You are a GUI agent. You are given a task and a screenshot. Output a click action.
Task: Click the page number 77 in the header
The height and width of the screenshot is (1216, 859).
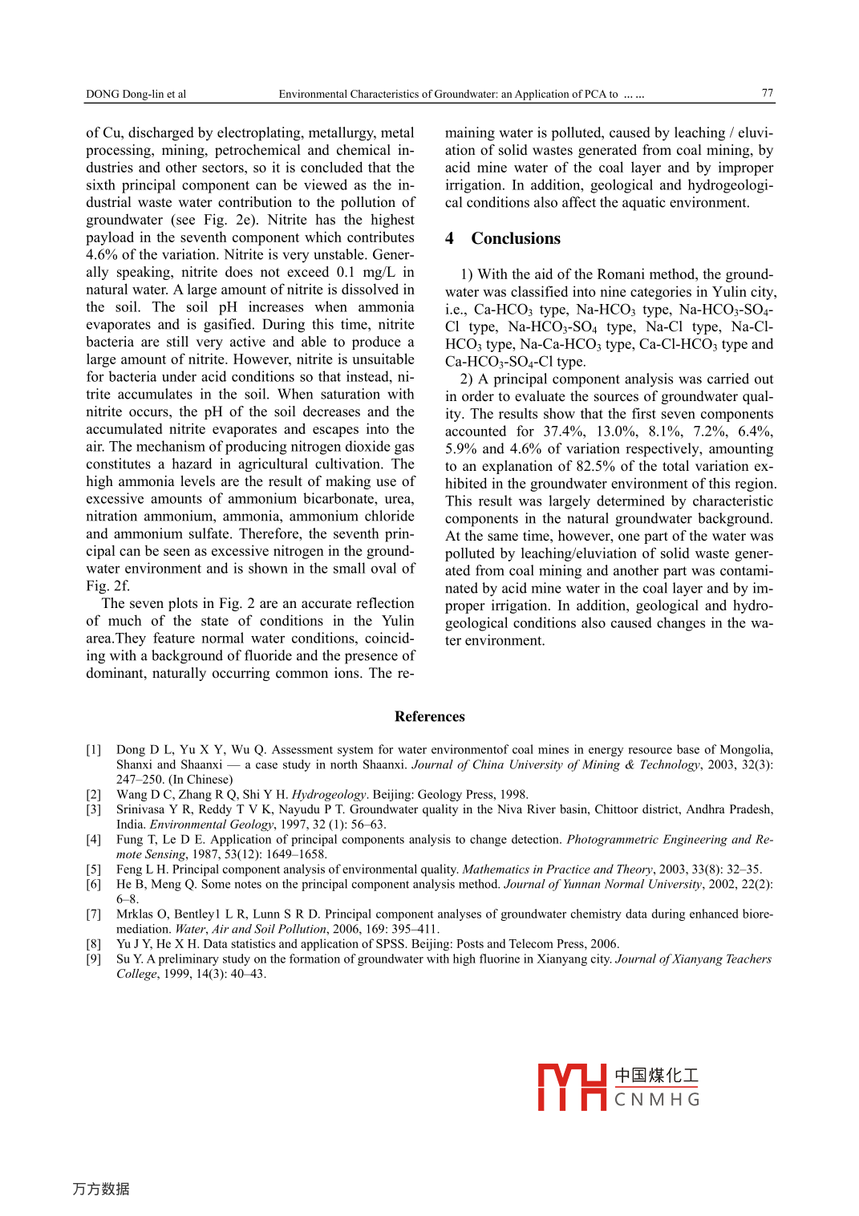[x=768, y=93]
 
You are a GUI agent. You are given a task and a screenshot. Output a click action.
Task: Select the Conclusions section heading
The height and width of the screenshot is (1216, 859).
[x=516, y=238]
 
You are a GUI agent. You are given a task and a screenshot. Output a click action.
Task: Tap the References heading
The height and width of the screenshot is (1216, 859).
[x=429, y=716]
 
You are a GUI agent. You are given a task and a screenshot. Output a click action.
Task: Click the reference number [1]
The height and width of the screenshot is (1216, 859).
[x=94, y=750]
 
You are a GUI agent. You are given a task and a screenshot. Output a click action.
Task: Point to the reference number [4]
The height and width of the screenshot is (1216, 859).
[x=94, y=840]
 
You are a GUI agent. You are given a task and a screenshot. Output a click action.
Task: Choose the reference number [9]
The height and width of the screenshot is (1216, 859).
[x=94, y=959]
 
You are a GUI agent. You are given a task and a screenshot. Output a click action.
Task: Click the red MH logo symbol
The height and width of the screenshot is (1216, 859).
[x=571, y=1087]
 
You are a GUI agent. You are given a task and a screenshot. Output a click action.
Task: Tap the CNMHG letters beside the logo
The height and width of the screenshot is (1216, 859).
[x=657, y=1100]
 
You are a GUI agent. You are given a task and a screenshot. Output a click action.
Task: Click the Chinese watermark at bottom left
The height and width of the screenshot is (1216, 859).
[x=101, y=1189]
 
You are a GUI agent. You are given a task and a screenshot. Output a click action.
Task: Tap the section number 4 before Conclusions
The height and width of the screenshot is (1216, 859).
[x=450, y=238]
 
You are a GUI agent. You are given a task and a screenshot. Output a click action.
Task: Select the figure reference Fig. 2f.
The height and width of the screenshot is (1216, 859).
[x=107, y=586]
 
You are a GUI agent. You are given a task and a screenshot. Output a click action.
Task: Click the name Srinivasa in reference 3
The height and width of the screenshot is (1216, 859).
[x=142, y=809]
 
